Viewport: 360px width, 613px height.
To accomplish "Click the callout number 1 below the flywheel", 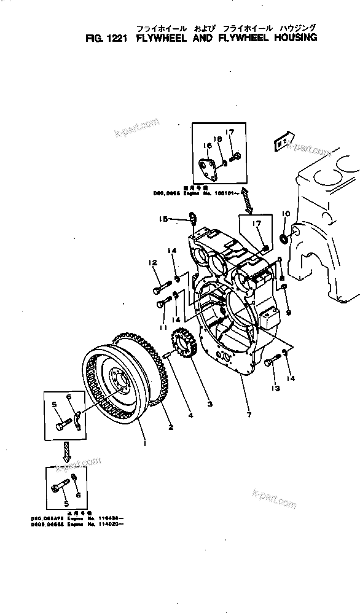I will tap(144, 440).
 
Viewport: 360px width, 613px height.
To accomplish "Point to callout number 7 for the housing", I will tap(248, 416).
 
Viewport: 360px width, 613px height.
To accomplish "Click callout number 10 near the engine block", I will tap(285, 214).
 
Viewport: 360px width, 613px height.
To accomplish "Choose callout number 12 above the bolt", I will tap(151, 264).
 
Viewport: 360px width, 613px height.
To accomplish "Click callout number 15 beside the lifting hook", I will tap(163, 219).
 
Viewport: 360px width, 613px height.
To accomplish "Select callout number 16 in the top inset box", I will tap(206, 145).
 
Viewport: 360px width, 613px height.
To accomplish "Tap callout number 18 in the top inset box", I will tap(216, 139).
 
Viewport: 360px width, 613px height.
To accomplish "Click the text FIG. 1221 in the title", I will tap(106, 37).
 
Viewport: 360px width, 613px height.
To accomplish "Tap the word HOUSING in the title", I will tap(291, 37).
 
